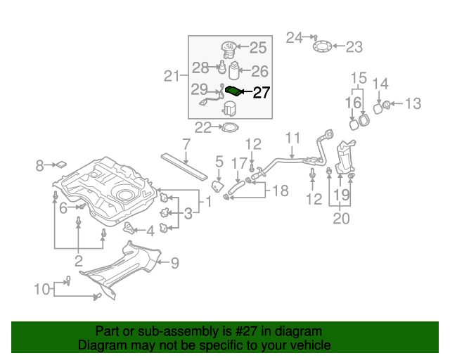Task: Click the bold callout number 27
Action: pyautogui.click(x=261, y=92)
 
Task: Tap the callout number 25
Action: pyautogui.click(x=258, y=48)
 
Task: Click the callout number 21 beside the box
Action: pyautogui.click(x=172, y=76)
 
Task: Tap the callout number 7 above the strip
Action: pyautogui.click(x=186, y=145)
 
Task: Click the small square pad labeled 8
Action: pyautogui.click(x=61, y=165)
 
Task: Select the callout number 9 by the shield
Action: pyautogui.click(x=174, y=264)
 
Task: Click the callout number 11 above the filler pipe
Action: pyautogui.click(x=292, y=137)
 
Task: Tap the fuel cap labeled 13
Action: pyautogui.click(x=385, y=105)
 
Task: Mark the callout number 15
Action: pyautogui.click(x=359, y=77)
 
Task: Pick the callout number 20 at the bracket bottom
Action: pyautogui.click(x=340, y=219)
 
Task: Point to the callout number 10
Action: pyautogui.click(x=41, y=288)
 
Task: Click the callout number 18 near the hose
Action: pyautogui.click(x=280, y=191)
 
